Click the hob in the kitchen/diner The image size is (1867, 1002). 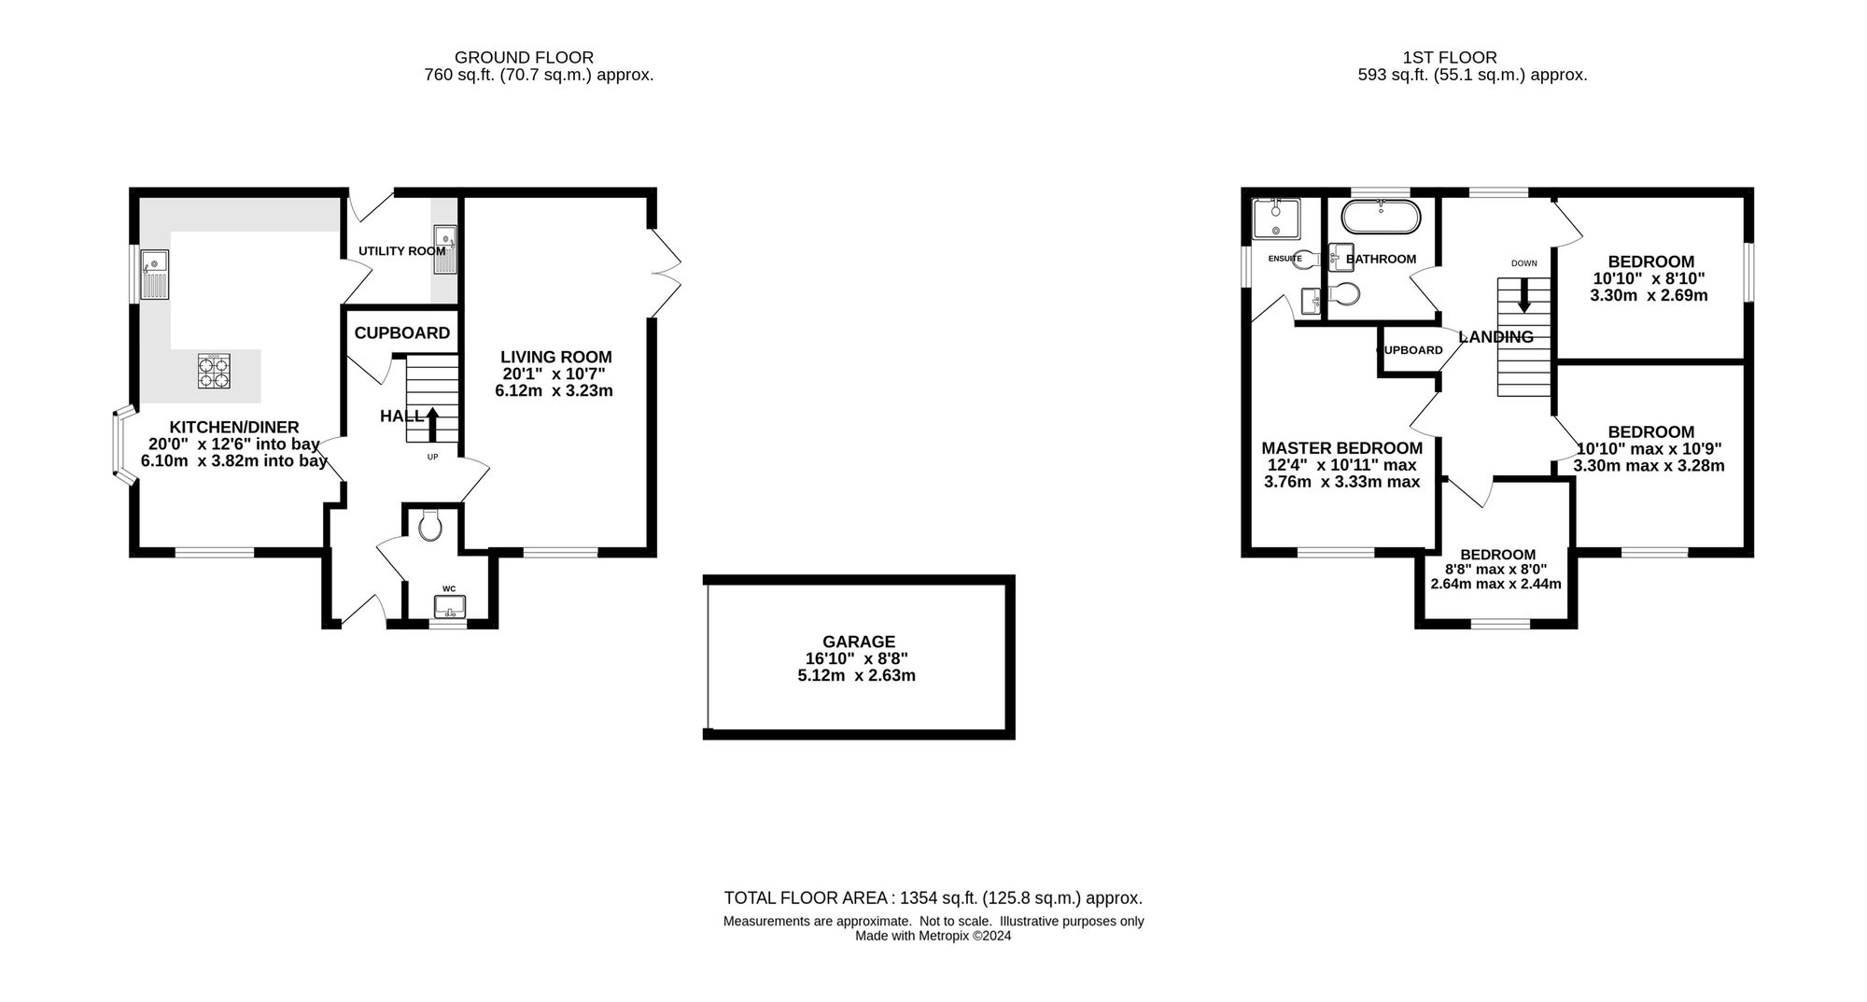coord(214,371)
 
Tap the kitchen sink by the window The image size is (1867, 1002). coord(154,274)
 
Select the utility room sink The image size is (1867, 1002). coord(444,250)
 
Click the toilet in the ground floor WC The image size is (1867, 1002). coord(430,526)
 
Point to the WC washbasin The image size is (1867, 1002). coord(449,606)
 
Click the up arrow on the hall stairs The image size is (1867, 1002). coord(432,423)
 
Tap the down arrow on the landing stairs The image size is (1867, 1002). coord(1524,295)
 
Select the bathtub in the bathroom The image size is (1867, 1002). coord(1382,218)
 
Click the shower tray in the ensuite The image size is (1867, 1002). coord(1276,218)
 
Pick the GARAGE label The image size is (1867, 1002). coord(859,642)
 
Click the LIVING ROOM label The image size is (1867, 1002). coord(556,357)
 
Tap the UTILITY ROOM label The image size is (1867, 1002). coord(402,251)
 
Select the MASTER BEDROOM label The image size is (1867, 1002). coord(1342,448)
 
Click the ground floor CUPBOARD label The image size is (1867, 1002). coord(402,332)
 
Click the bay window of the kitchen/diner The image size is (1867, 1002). coord(121,446)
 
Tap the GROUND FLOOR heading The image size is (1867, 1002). coord(524,57)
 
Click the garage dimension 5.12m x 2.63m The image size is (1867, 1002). coord(857,675)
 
